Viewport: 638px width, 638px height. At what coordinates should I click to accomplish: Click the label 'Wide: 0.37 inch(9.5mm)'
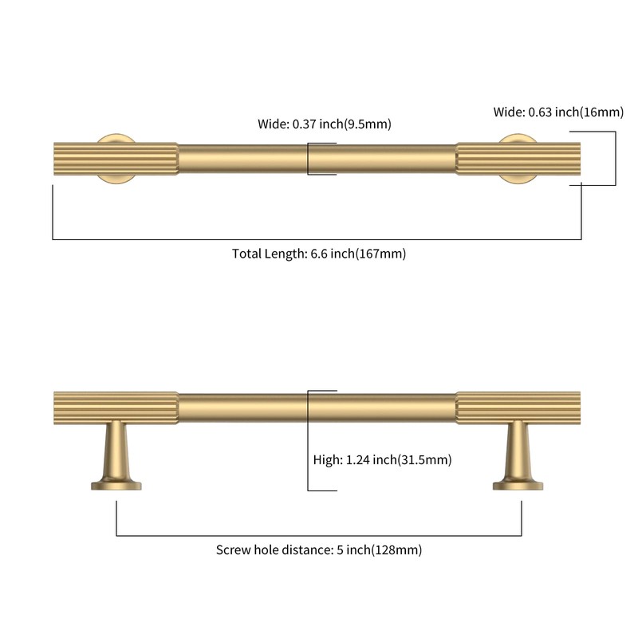325,124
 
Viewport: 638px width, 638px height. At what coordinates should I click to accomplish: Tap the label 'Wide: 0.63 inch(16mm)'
558,112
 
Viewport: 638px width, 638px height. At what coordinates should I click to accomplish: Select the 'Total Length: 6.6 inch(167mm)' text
319,254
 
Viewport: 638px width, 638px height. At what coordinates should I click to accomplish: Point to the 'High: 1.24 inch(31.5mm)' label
382,460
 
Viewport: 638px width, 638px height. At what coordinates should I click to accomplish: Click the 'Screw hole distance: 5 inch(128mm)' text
318,549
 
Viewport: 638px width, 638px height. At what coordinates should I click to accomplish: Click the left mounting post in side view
116,455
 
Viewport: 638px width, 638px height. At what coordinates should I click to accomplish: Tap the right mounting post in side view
518,455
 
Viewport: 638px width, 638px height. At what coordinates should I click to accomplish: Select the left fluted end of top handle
116,159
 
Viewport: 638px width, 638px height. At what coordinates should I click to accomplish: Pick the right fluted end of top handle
518,159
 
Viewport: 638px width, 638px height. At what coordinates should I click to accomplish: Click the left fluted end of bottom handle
116,408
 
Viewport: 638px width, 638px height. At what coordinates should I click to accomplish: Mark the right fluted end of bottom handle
518,408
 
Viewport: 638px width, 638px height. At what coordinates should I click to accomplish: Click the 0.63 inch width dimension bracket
615,158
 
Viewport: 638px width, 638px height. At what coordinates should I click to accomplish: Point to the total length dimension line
317,239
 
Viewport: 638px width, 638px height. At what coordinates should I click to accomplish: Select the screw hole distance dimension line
318,535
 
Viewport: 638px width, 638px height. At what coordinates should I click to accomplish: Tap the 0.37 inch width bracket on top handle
308,159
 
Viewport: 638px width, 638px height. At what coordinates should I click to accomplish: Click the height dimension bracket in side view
308,441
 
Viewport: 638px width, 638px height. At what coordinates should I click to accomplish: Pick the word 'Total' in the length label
247,254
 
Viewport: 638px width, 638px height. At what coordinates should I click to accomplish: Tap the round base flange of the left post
116,486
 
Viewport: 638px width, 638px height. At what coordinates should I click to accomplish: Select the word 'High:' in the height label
328,460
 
